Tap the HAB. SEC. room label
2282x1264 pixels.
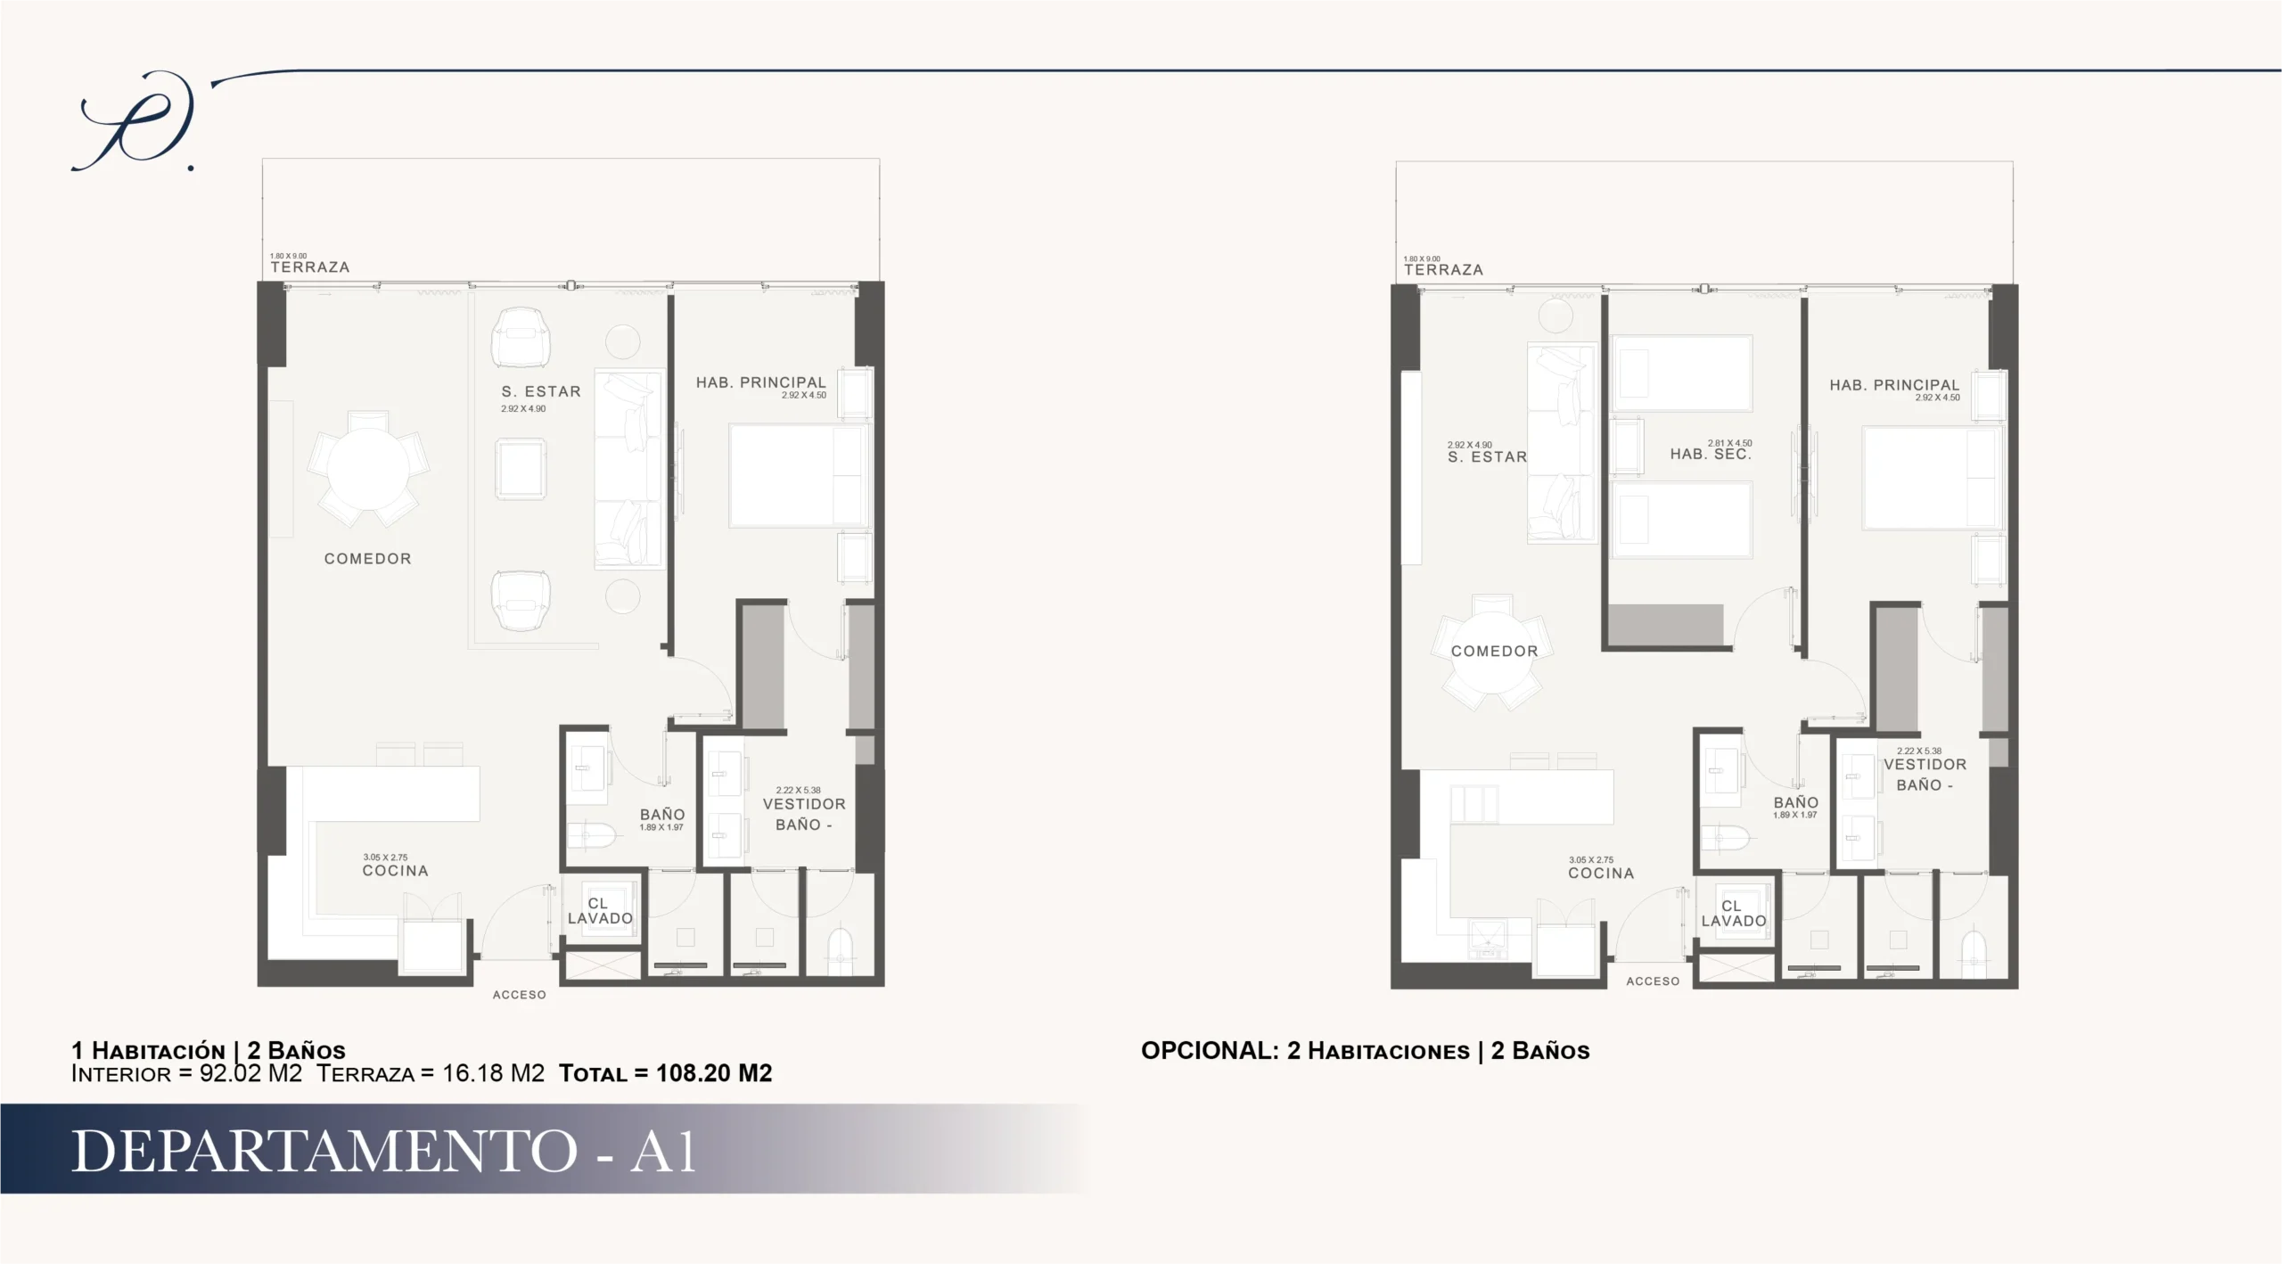[x=1711, y=455]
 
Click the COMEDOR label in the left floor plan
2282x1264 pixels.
[x=367, y=559]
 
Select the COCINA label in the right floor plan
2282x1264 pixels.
[x=1601, y=874]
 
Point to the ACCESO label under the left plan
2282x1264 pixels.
[x=520, y=995]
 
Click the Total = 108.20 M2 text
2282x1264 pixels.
[x=666, y=1073]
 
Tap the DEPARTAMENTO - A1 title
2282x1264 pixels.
[x=383, y=1151]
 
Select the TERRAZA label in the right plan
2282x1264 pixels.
[x=1443, y=270]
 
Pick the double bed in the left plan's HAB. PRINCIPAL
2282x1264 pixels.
[x=799, y=476]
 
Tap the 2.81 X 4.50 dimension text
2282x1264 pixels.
[x=1729, y=443]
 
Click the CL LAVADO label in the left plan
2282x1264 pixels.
[x=600, y=911]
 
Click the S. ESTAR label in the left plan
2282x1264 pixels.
[x=541, y=391]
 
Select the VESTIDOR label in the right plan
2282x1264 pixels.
[x=1925, y=765]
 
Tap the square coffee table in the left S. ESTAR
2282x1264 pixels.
[x=521, y=469]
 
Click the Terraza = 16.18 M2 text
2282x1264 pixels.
[x=431, y=1073]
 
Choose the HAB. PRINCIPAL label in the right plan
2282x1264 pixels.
[x=1894, y=385]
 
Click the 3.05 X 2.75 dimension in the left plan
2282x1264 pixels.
[x=385, y=858]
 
